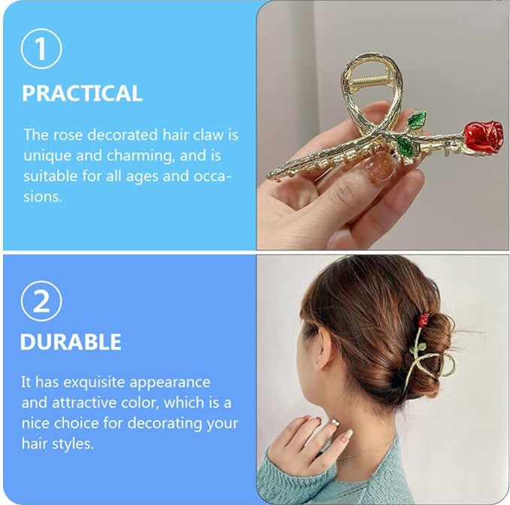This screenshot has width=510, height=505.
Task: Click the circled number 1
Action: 41,50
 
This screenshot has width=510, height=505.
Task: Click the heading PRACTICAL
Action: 81,93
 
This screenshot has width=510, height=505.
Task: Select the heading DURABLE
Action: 70,342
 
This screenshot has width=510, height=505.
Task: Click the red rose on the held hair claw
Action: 483,136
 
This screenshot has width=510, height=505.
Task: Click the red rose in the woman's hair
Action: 423,320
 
